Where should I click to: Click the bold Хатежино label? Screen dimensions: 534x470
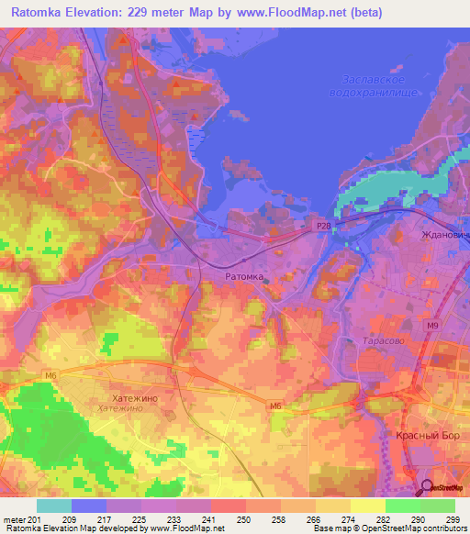point(121,397)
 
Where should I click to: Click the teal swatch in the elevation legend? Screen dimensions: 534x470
point(53,506)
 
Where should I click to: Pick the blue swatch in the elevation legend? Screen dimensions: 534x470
point(88,506)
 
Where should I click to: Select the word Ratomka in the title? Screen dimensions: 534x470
point(39,13)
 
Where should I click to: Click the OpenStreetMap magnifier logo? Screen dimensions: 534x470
point(428,489)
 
